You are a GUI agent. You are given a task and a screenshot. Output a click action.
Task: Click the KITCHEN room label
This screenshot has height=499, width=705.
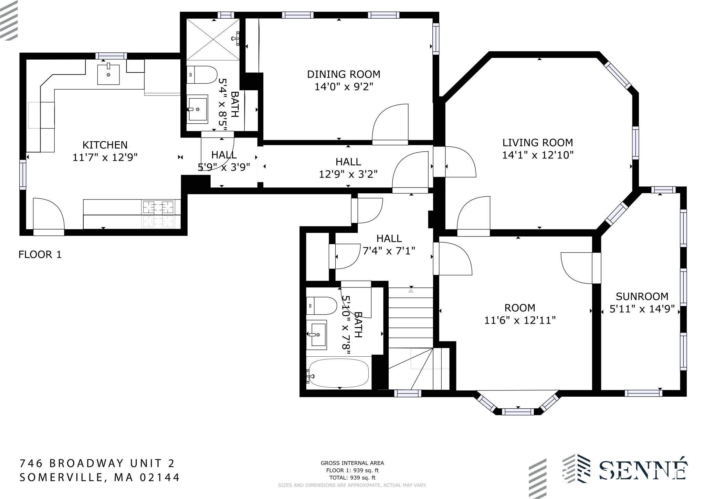(105, 145)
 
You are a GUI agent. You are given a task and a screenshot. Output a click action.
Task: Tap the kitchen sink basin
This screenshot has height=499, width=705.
(108, 74)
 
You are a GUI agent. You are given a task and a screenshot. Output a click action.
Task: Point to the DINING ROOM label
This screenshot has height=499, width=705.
(344, 74)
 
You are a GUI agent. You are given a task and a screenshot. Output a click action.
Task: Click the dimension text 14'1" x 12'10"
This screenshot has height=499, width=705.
(538, 155)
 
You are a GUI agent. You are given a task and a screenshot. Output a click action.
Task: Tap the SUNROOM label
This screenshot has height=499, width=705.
(642, 296)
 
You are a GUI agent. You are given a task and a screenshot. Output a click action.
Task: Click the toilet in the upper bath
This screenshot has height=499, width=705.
(202, 75)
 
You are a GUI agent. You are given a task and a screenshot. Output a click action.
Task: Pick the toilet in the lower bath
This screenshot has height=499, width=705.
(322, 306)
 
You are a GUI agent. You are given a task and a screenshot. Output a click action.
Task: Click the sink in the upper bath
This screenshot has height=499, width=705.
(198, 109)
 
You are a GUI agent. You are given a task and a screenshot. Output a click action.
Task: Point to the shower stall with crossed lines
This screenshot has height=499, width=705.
(213, 39)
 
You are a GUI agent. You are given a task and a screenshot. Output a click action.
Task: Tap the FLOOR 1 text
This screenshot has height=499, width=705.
(40, 255)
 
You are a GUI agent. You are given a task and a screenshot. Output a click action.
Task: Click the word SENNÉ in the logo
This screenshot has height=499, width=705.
(643, 470)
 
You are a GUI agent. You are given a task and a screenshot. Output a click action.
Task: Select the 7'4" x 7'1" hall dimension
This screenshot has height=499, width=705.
(389, 251)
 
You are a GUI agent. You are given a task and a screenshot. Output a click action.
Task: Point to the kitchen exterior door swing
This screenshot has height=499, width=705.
(49, 214)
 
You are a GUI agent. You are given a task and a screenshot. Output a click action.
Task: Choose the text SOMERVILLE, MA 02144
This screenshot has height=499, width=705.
(100, 477)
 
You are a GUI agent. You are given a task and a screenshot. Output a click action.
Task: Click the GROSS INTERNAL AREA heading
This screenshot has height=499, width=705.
(352, 463)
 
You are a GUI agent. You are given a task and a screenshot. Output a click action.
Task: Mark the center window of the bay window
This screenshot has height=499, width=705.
(518, 411)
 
